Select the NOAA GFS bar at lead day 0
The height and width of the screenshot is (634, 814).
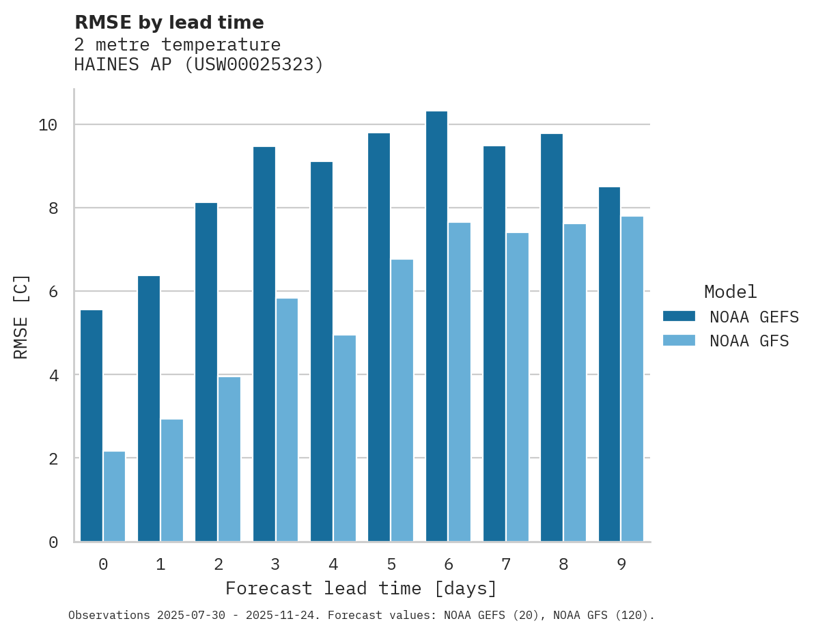pyautogui.click(x=115, y=497)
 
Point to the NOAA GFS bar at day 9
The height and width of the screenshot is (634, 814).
pyautogui.click(x=632, y=379)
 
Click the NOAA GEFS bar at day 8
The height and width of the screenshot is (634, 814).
pyautogui.click(x=552, y=337)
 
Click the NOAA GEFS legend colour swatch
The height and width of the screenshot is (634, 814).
pyautogui.click(x=679, y=316)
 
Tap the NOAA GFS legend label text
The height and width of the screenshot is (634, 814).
pyautogui.click(x=749, y=341)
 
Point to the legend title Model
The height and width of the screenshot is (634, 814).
pyautogui.click(x=731, y=292)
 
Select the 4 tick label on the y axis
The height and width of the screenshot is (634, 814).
pyautogui.click(x=53, y=375)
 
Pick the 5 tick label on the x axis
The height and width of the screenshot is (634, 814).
pyautogui.click(x=391, y=564)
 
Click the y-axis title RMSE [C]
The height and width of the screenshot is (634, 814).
pyautogui.click(x=21, y=316)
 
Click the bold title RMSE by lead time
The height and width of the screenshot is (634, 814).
pyautogui.click(x=169, y=23)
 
